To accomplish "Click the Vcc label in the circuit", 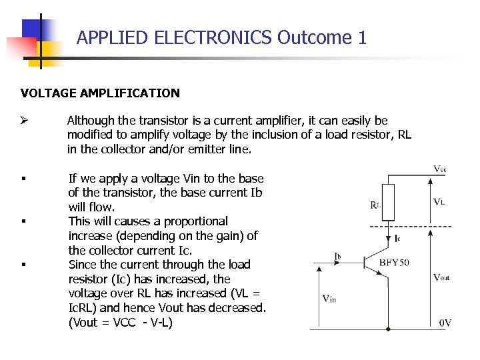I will click(x=440, y=169).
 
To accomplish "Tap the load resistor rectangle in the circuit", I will click(x=388, y=202).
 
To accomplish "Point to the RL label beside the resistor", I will click(x=375, y=205).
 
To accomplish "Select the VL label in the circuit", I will click(x=439, y=201).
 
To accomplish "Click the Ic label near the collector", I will click(x=397, y=237).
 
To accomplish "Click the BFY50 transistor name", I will click(x=395, y=262).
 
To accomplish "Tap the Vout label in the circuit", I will click(x=441, y=277).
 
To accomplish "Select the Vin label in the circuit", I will click(x=329, y=299).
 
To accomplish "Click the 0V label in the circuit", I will click(x=445, y=323).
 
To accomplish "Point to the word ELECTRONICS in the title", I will click(x=213, y=37).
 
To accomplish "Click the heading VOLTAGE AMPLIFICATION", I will click(x=100, y=93).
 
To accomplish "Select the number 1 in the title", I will click(x=362, y=37).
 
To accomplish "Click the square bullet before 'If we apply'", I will click(x=23, y=179).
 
